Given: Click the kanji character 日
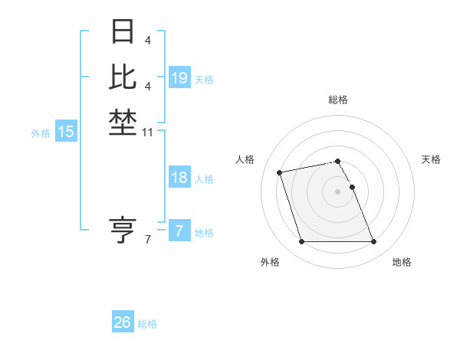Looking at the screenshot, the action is [123, 31].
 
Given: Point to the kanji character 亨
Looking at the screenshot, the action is [123, 229].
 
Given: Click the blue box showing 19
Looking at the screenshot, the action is [179, 77].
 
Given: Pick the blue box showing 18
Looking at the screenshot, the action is [179, 178].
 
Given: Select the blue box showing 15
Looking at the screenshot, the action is [66, 132].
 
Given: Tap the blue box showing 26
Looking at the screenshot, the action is [123, 322].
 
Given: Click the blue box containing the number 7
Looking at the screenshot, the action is [179, 231].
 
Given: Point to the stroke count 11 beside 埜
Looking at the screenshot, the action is [148, 133].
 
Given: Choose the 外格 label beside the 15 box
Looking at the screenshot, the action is [41, 133].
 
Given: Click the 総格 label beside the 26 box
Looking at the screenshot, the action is [147, 324].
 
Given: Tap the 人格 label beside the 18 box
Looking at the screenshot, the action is [204, 179].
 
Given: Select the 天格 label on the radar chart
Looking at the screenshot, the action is [431, 159].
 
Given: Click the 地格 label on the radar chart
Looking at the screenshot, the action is [402, 262].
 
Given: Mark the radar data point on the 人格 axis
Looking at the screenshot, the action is [280, 172].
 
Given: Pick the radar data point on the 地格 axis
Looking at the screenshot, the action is [373, 242].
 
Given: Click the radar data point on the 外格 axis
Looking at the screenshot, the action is [301, 242].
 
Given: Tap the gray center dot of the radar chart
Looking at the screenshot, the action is [337, 191].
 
